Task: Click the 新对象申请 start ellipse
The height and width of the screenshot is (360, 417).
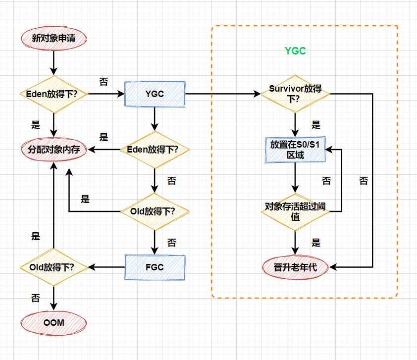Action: pyautogui.click(x=53, y=38)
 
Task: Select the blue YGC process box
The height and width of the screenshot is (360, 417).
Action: pyautogui.click(x=155, y=94)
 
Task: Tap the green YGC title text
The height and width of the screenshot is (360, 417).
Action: pyautogui.click(x=295, y=51)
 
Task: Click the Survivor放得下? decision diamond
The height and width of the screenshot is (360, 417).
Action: pyautogui.click(x=295, y=94)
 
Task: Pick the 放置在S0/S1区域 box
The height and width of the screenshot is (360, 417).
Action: pyautogui.click(x=295, y=150)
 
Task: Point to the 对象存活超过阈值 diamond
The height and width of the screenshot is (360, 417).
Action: pyautogui.click(x=295, y=211)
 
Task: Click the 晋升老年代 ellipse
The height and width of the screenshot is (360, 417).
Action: pyautogui.click(x=295, y=267)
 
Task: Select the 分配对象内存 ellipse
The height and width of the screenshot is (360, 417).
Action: pyautogui.click(x=53, y=149)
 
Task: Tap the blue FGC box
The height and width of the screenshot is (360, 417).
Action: pyautogui.click(x=155, y=267)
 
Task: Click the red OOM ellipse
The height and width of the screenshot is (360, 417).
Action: pyautogui.click(x=53, y=323)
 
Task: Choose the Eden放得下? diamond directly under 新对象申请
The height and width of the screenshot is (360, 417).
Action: pyautogui.click(x=53, y=94)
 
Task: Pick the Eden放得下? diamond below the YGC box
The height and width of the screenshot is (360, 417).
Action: pyautogui.click(x=155, y=149)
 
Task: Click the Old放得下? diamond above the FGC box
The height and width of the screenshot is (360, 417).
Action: pyautogui.click(x=155, y=211)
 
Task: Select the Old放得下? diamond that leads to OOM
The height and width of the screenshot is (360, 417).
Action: pyautogui.click(x=53, y=267)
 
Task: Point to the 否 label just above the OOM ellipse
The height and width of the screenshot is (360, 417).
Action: pyautogui.click(x=36, y=298)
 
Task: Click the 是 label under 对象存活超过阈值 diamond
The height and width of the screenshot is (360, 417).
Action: pyautogui.click(x=316, y=243)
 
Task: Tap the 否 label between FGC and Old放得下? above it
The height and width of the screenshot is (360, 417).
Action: pyautogui.click(x=171, y=243)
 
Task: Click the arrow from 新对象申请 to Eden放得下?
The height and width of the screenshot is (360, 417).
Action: pyautogui.click(x=53, y=63)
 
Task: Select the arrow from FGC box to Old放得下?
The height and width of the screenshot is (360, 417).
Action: pyautogui.click(x=106, y=267)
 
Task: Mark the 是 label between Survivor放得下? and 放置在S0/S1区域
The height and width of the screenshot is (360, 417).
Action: pyautogui.click(x=316, y=125)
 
